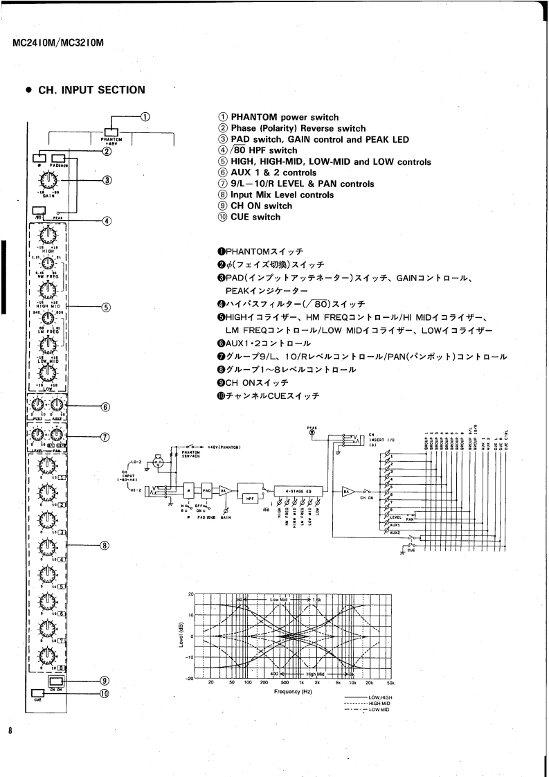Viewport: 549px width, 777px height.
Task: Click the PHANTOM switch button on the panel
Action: (109, 133)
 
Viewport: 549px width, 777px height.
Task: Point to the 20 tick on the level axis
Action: (191, 595)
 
